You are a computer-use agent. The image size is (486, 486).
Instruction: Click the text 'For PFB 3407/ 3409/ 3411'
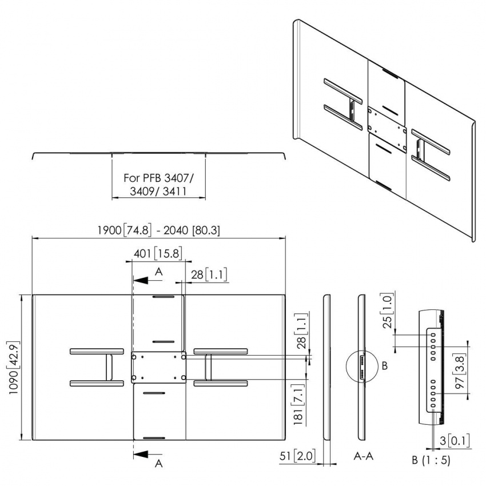(158, 185)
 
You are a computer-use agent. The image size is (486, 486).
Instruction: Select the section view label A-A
(364, 457)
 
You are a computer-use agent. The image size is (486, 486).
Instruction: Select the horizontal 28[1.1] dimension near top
(209, 275)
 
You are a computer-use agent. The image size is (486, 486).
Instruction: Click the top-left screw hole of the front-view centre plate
(135, 356)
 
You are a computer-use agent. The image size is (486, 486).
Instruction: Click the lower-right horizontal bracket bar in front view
(221, 383)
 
